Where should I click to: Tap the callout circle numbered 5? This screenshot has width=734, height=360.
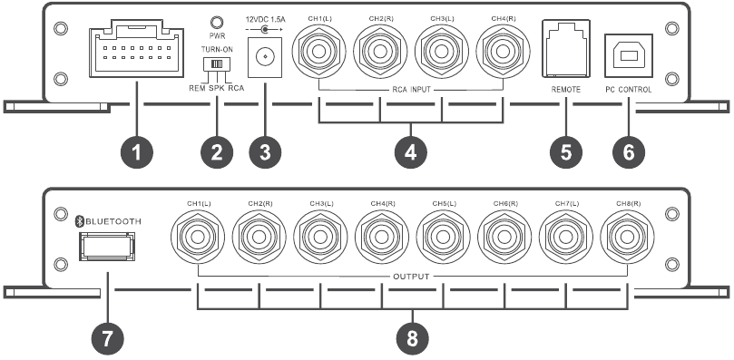[566, 152]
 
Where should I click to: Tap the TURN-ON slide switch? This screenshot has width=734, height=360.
[216, 65]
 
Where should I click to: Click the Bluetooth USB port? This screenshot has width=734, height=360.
[105, 246]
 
